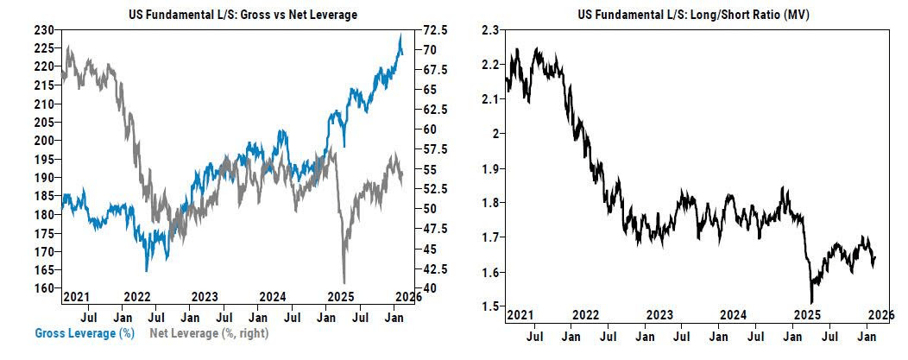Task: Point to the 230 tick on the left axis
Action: pos(45,29)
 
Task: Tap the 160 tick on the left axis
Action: pos(45,287)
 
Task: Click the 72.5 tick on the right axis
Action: pos(433,29)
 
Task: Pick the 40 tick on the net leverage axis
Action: pos(427,287)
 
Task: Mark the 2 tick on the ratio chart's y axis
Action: pos(494,134)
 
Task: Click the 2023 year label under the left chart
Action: pos(205,297)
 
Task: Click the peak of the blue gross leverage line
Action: pos(400,35)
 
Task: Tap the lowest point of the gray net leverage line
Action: pos(344,281)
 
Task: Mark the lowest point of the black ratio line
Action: pos(811,302)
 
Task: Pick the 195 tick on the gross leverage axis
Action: pos(45,159)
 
